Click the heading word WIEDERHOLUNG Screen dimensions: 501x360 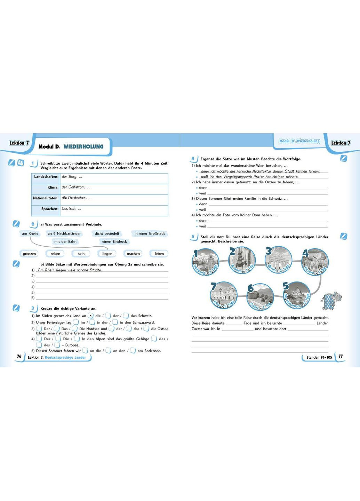(x=83, y=146)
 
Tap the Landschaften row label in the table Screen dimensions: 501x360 (x=46, y=177)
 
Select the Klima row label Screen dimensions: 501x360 (x=53, y=187)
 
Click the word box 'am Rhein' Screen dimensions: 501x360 (x=30, y=233)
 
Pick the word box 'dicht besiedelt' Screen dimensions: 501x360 (x=107, y=233)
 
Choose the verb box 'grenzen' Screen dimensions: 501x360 (x=29, y=254)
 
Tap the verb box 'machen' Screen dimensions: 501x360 (x=133, y=254)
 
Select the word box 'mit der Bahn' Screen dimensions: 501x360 (x=65, y=241)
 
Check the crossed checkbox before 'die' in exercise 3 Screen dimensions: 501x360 (x=90, y=316)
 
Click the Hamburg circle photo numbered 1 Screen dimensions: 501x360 (x=206, y=261)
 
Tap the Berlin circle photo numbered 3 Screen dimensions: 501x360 (x=279, y=260)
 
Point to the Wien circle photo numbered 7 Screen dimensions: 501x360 (x=224, y=295)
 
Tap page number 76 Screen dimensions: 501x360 (x=19, y=356)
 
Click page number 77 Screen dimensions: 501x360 (x=341, y=356)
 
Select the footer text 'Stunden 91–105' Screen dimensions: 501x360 (x=319, y=357)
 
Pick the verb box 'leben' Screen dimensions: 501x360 (x=159, y=254)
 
